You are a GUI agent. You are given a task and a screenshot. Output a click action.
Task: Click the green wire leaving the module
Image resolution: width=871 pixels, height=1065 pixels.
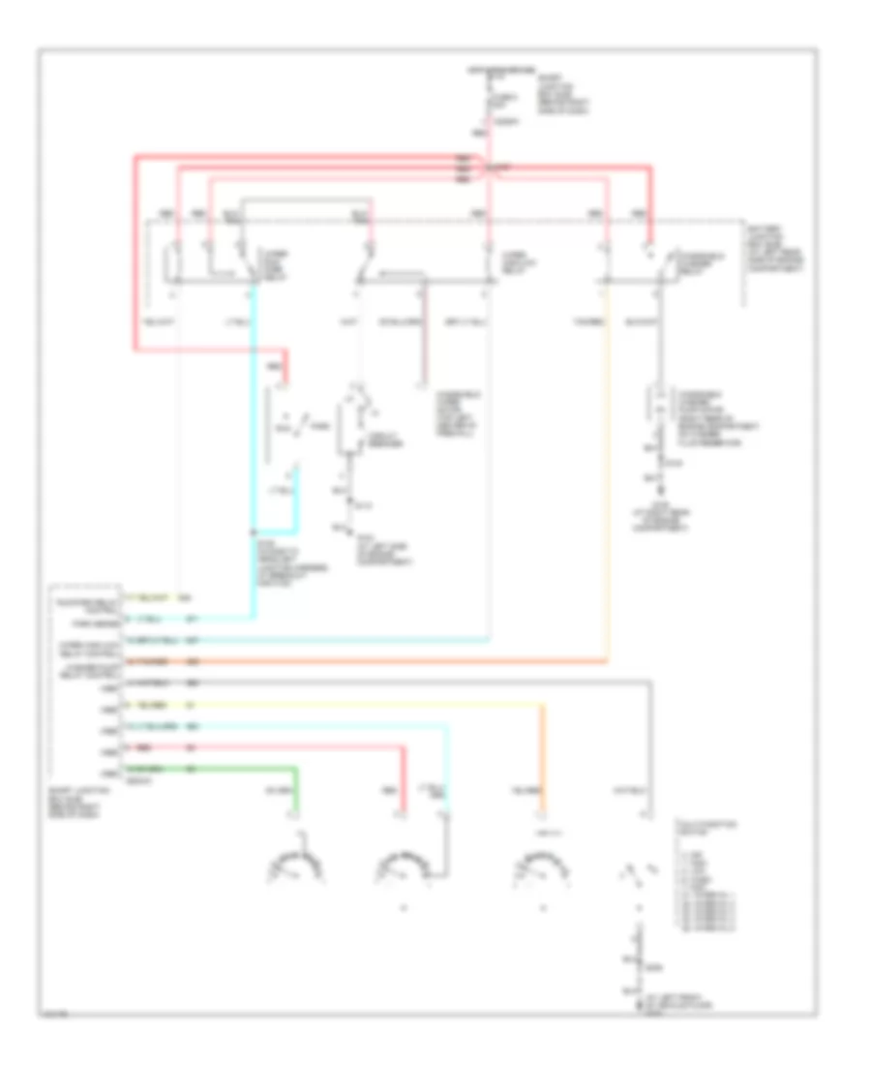(x=242, y=769)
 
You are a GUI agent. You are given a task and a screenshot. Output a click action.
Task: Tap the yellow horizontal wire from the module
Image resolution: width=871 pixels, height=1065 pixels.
(x=368, y=705)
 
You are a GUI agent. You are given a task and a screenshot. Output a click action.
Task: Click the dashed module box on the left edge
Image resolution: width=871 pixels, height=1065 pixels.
(x=86, y=682)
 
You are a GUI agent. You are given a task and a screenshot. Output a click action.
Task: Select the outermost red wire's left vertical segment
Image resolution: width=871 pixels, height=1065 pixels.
(x=133, y=252)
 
